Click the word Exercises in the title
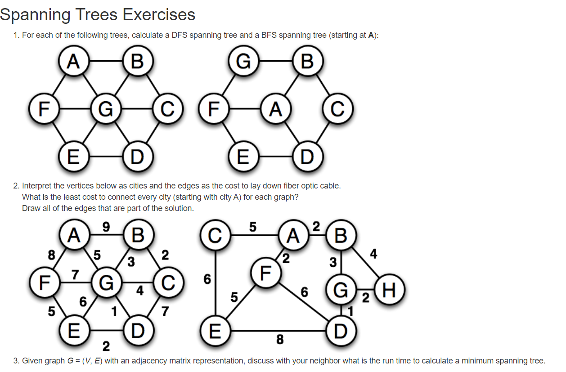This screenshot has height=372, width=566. [159, 15]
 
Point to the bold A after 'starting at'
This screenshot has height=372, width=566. [371, 35]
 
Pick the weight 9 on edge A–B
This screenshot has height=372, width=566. [106, 227]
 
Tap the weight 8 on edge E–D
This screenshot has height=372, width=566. [279, 340]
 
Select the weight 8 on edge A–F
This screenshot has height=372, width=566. [52, 255]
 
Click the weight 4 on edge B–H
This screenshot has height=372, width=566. [373, 254]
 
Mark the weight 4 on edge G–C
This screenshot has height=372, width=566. [140, 291]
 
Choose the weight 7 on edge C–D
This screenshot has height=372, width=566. [165, 311]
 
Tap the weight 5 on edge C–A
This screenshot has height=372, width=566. [253, 227]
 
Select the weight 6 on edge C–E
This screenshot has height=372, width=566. [207, 279]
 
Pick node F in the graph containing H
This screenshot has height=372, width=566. [265, 272]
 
